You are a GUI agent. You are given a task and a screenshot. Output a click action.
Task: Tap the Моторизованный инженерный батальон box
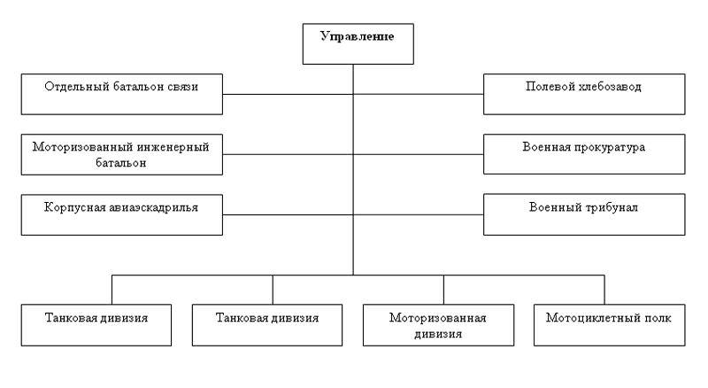click(121, 154)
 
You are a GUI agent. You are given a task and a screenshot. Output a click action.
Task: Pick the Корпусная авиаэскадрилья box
click(121, 213)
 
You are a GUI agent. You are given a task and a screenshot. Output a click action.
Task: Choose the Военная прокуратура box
click(583, 154)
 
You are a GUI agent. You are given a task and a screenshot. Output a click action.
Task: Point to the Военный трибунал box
click(583, 213)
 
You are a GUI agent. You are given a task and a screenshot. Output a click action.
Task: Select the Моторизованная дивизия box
click(439, 325)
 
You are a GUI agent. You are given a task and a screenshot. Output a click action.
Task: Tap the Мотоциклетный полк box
click(610, 325)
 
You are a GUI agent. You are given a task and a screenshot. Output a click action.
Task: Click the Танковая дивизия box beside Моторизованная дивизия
click(267, 325)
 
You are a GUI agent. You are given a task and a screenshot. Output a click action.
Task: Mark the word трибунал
click(612, 206)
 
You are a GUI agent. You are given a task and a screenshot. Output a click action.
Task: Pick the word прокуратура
click(612, 146)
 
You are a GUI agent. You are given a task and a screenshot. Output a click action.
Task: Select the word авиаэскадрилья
click(153, 206)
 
